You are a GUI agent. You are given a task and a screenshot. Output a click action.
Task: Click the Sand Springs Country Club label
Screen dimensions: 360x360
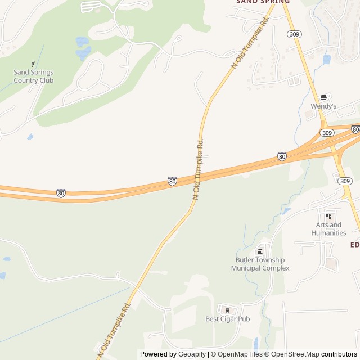click(x=33, y=76)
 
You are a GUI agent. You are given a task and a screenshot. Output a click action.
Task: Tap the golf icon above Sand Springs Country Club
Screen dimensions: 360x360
click(x=33, y=64)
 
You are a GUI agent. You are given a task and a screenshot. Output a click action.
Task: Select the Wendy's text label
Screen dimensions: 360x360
click(x=323, y=106)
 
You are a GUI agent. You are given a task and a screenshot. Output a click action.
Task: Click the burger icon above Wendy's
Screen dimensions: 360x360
click(x=323, y=97)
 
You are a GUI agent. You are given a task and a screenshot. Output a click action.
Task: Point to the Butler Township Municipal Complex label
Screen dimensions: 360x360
click(x=260, y=264)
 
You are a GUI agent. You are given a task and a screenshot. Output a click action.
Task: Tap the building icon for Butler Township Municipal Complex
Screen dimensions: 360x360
click(x=260, y=251)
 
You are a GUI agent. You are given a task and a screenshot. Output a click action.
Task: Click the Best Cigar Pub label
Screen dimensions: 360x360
click(x=227, y=319)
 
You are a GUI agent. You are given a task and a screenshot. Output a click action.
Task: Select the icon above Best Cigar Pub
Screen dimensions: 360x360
click(x=227, y=310)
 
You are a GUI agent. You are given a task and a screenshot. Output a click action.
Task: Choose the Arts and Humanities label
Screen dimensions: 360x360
click(x=328, y=229)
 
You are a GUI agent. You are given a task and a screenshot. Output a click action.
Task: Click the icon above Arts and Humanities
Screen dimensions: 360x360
click(x=328, y=216)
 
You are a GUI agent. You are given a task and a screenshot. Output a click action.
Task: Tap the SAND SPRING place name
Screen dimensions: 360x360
click(x=263, y=2)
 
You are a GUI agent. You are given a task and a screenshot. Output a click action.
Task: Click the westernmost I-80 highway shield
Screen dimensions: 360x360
click(x=61, y=193)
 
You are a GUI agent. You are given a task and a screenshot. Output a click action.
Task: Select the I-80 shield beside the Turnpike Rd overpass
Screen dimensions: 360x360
click(x=173, y=182)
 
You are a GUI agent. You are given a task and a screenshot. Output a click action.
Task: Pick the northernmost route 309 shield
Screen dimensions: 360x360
click(x=294, y=34)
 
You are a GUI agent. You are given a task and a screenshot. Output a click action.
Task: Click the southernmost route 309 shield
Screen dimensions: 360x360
click(x=345, y=181)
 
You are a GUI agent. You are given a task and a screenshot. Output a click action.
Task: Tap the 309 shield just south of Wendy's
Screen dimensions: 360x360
click(x=327, y=133)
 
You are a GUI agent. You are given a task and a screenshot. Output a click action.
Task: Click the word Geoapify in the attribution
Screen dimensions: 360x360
click(x=192, y=354)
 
